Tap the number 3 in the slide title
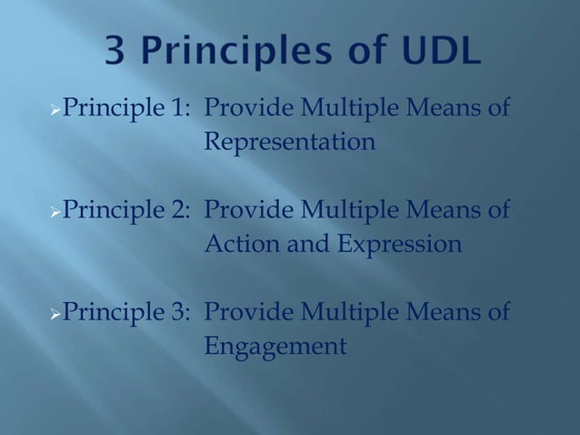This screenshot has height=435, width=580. (x=115, y=54)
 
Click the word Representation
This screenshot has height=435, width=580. (x=289, y=144)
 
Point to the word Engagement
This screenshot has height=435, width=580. (x=275, y=347)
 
